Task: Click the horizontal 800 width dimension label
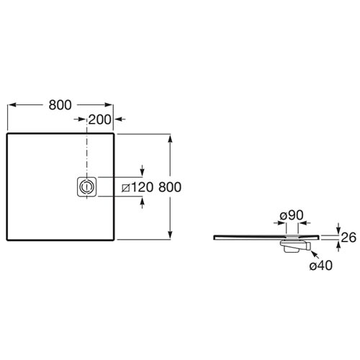(x=60, y=105)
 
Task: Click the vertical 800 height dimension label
(x=170, y=187)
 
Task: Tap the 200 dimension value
(x=100, y=120)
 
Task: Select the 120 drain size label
(x=142, y=187)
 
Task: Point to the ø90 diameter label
(x=292, y=215)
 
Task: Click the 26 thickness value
(x=348, y=238)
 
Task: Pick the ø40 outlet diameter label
(x=321, y=266)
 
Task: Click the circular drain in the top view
(x=86, y=187)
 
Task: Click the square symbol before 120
(x=126, y=188)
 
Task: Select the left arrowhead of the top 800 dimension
(x=12, y=105)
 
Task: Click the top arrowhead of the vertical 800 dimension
(x=170, y=139)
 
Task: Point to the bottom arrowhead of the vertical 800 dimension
(x=170, y=235)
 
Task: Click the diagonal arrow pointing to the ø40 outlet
(x=315, y=256)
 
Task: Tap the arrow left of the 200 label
(x=80, y=119)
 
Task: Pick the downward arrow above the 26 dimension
(x=338, y=228)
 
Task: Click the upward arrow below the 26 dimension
(x=338, y=246)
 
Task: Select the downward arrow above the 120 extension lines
(x=142, y=171)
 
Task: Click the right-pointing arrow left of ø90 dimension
(x=279, y=223)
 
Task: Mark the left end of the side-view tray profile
(x=214, y=237)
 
